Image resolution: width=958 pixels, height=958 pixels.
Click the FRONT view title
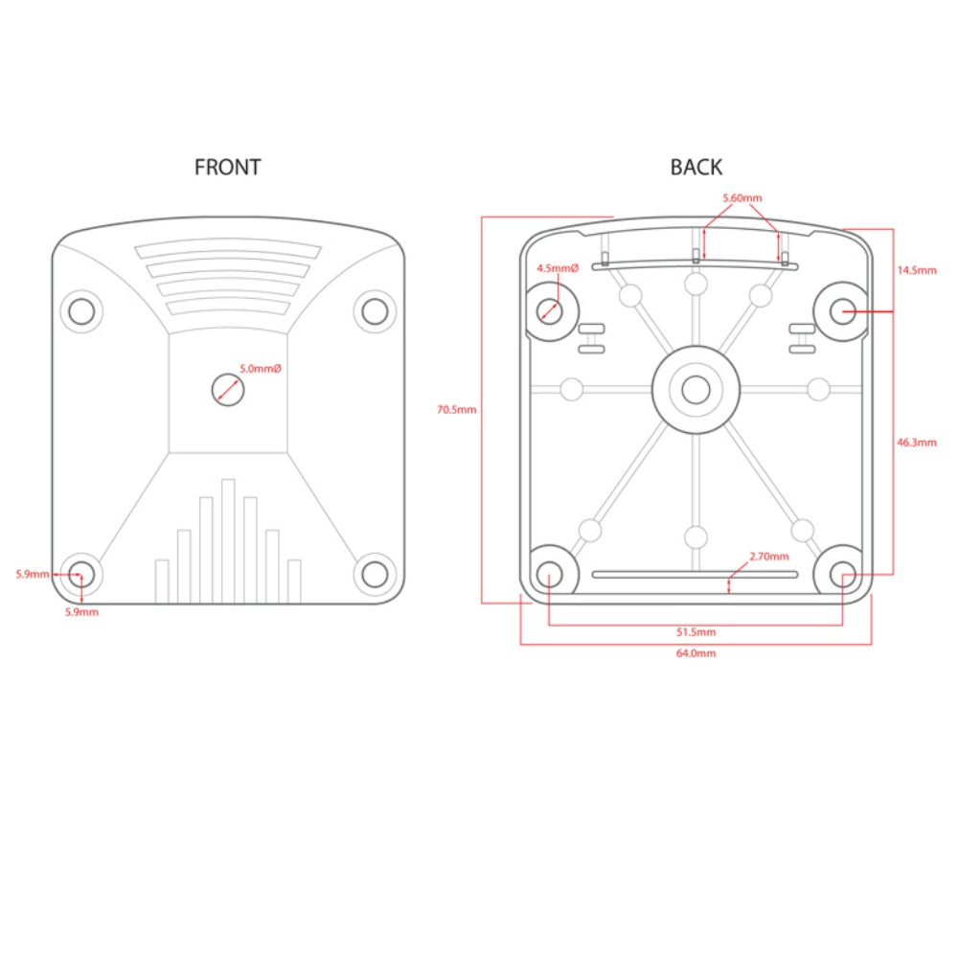[227, 167]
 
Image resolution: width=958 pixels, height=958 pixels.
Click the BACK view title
[696, 167]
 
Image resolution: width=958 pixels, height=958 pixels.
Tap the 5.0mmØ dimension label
[261, 369]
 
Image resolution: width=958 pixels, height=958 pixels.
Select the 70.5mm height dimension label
[456, 409]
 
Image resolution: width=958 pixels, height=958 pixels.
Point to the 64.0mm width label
[696, 653]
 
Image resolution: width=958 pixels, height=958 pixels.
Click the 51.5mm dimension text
[696, 631]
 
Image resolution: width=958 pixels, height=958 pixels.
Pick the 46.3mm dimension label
[917, 443]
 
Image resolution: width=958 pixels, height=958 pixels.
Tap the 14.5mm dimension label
[917, 270]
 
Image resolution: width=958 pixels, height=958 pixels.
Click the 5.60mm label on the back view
[742, 198]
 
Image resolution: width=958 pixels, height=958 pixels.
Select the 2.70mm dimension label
[769, 556]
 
